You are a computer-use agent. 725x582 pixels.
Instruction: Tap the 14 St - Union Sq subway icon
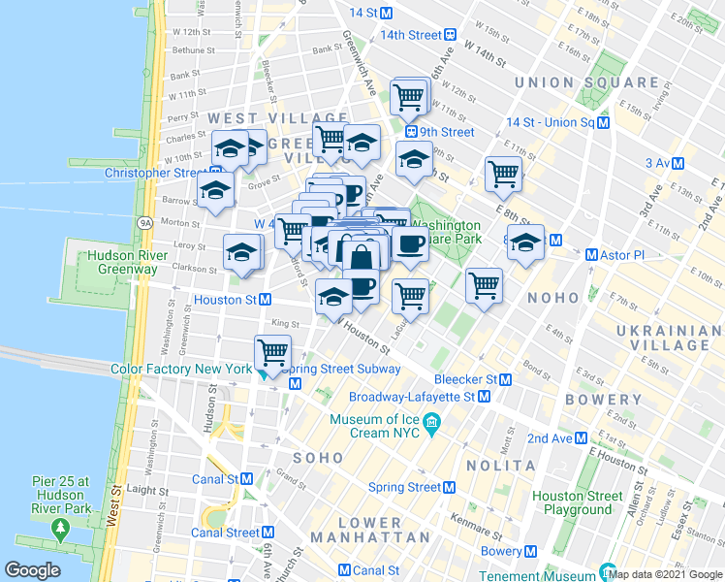click(x=603, y=123)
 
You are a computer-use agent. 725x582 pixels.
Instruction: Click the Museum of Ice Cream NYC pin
click(x=432, y=422)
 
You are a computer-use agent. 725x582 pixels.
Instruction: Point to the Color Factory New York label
click(x=180, y=369)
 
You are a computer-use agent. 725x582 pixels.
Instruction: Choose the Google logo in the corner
click(x=33, y=570)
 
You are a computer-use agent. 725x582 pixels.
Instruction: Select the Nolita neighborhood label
click(x=503, y=466)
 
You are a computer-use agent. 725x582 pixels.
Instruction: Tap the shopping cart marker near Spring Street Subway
click(x=273, y=353)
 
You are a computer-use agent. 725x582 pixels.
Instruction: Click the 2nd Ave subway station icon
click(x=583, y=438)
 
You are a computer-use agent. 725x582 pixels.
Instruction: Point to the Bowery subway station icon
click(x=530, y=552)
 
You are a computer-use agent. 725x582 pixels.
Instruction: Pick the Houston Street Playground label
click(x=577, y=502)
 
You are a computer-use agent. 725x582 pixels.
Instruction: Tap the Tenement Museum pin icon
click(x=608, y=572)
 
